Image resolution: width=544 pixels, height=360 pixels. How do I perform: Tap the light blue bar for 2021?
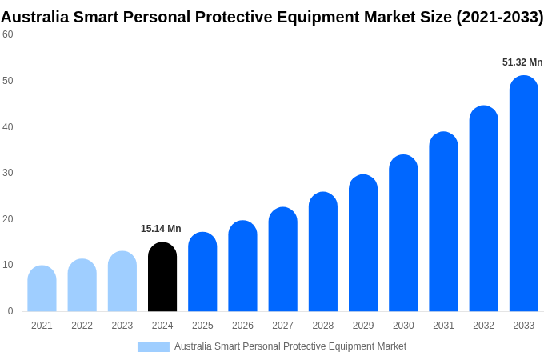tap(42, 289)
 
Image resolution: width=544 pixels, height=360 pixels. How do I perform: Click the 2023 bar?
tap(122, 282)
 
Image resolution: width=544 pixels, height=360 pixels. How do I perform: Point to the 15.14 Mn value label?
tap(161, 229)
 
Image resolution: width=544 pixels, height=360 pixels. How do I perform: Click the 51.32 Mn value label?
tap(522, 62)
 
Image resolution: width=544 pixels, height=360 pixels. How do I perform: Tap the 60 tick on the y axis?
tap(8, 34)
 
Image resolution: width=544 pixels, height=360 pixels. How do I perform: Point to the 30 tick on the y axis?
tap(8, 173)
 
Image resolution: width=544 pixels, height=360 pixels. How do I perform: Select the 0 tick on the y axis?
tap(10, 311)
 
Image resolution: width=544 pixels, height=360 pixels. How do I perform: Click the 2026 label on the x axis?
tap(242, 326)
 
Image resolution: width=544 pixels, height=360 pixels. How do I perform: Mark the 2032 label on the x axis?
tap(483, 326)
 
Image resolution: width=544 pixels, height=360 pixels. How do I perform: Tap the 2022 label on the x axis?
tap(82, 326)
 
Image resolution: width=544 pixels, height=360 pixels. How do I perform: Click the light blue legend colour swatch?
tap(153, 346)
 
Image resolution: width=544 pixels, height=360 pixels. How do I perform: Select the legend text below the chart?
tap(290, 346)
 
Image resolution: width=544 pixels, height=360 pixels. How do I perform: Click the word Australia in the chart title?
tap(35, 17)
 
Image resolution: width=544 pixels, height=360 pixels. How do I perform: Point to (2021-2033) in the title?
tap(499, 17)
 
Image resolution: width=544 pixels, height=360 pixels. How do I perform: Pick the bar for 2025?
tap(202, 272)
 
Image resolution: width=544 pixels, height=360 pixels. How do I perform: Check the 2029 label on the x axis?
tap(363, 326)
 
